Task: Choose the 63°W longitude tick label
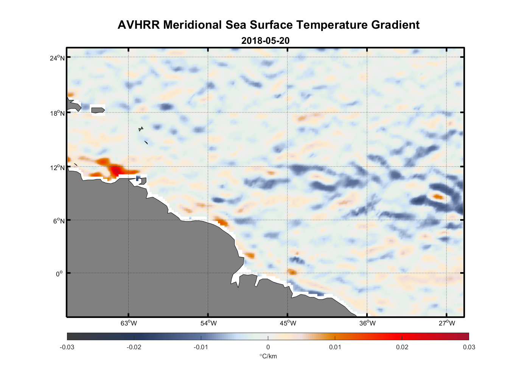129,323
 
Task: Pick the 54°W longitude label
208,323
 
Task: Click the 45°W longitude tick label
288,323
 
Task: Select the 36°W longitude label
367,323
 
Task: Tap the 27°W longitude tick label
447,323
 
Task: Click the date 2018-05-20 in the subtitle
265,40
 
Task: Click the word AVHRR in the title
138,25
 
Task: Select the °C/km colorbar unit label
268,356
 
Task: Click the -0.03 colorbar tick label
67,347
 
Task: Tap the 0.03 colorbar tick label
469,347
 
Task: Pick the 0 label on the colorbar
268,347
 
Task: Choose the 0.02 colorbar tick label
402,347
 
